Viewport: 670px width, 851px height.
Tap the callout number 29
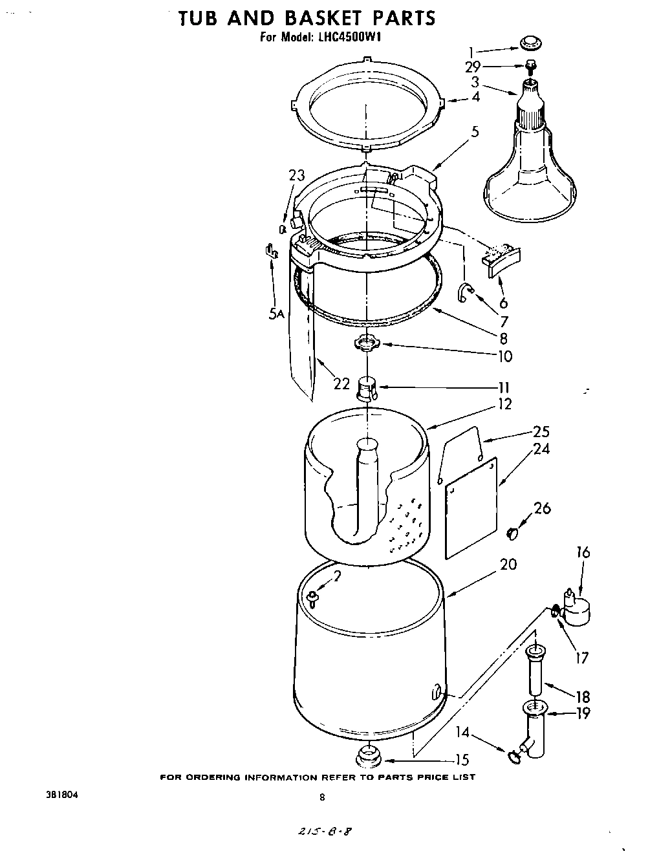[473, 66]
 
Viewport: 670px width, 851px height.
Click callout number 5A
[277, 314]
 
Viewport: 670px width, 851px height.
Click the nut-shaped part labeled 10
[367, 343]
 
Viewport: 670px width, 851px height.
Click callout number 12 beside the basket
[504, 404]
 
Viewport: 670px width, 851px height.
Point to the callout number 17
[581, 658]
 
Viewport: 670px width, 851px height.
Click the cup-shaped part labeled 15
[367, 755]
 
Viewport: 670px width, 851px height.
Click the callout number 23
[296, 176]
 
